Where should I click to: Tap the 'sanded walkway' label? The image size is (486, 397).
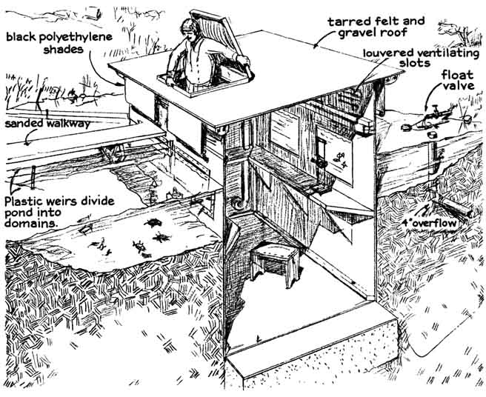[47, 124]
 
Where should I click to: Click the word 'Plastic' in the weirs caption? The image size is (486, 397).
[25, 200]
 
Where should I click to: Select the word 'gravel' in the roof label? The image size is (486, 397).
[367, 34]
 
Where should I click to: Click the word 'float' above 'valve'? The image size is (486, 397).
[459, 76]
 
